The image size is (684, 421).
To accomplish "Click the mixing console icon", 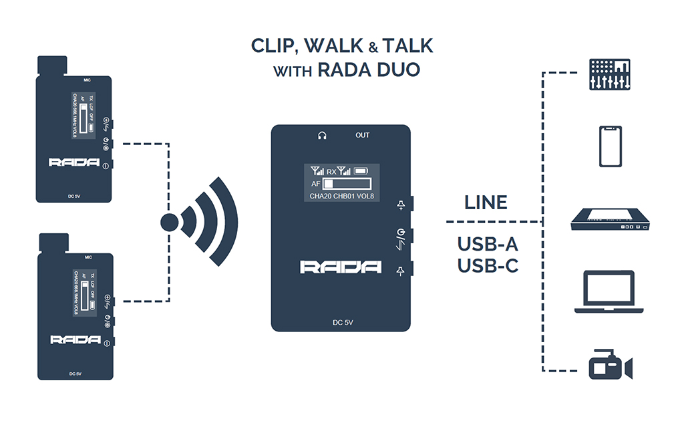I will (611, 74).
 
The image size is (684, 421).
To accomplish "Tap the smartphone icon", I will (611, 148).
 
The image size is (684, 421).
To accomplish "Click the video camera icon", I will (610, 366).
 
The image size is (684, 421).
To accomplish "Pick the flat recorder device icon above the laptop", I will (610, 221).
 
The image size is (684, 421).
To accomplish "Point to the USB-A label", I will (488, 244).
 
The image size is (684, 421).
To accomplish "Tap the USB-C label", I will (488, 265).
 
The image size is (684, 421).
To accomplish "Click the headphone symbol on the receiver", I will (322, 136).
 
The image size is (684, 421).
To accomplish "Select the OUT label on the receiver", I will (362, 136).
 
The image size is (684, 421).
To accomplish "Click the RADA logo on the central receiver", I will (341, 267).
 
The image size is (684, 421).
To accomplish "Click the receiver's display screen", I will (341, 181).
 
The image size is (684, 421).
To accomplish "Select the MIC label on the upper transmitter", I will (87, 80).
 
